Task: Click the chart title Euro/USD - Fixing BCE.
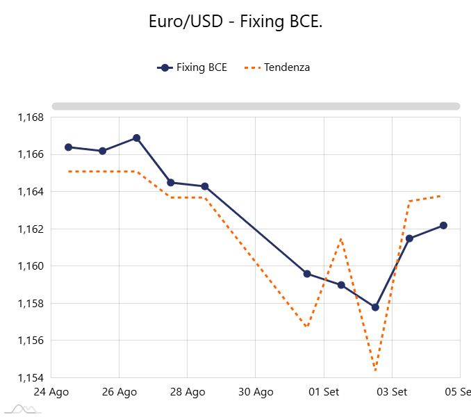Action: pyautogui.click(x=235, y=22)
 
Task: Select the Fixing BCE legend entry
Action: pyautogui.click(x=192, y=67)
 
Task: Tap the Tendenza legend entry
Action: pyautogui.click(x=277, y=67)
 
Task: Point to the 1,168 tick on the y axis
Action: pyautogui.click(x=31, y=117)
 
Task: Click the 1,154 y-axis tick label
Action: pyautogui.click(x=31, y=378)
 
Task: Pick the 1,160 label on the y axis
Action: pyautogui.click(x=31, y=266)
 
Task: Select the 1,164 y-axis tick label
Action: pyautogui.click(x=31, y=192)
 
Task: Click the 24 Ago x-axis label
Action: pyautogui.click(x=51, y=392)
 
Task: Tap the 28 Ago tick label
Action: pyautogui.click(x=188, y=392)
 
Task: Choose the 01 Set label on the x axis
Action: pyautogui.click(x=324, y=392)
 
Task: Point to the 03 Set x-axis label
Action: pyautogui.click(x=392, y=392)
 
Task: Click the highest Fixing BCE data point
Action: pyautogui.click(x=136, y=138)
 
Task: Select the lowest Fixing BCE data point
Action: pyautogui.click(x=375, y=307)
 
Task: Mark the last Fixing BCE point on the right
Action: pyautogui.click(x=443, y=225)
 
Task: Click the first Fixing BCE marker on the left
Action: pyautogui.click(x=69, y=147)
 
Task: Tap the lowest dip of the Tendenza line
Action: pyautogui.click(x=375, y=370)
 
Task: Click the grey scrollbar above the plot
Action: pyautogui.click(x=256, y=106)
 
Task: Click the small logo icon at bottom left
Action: pyautogui.click(x=23, y=409)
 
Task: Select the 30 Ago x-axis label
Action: pyautogui.click(x=256, y=392)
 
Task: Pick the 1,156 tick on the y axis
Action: pyautogui.click(x=31, y=341)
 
